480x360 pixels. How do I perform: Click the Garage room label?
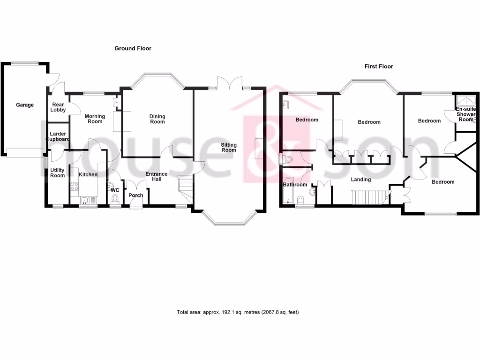pyautogui.click(x=25, y=105)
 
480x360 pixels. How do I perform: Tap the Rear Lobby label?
pyautogui.click(x=58, y=107)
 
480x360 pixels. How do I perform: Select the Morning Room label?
pyautogui.click(x=95, y=119)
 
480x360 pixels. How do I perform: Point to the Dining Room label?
pyautogui.click(x=157, y=119)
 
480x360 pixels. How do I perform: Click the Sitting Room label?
pyautogui.click(x=229, y=147)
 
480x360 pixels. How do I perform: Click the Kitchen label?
pyautogui.click(x=88, y=175)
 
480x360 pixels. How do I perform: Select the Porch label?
pyautogui.click(x=136, y=195)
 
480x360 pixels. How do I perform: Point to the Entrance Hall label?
pyautogui.click(x=156, y=177)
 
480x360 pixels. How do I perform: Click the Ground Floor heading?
pyautogui.click(x=133, y=48)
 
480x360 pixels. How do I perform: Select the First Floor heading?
pyautogui.click(x=379, y=67)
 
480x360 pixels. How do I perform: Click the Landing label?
pyautogui.click(x=361, y=180)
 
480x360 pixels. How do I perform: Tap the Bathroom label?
pyautogui.click(x=295, y=185)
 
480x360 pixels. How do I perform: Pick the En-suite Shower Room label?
pyautogui.click(x=466, y=114)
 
